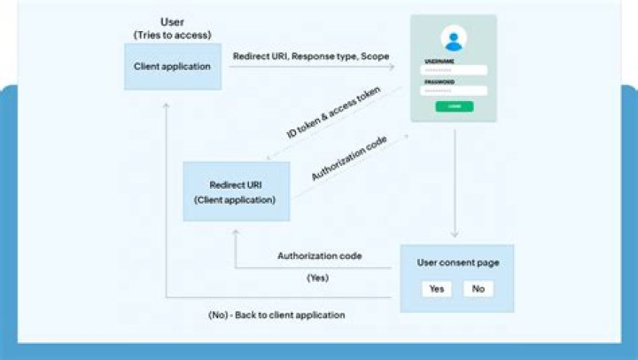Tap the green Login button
454,106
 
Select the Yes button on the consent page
436,288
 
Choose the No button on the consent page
478,288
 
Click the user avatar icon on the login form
454,39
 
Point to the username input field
454,70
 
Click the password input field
454,90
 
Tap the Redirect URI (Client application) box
236,192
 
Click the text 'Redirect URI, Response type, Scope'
311,56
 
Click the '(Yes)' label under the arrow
319,278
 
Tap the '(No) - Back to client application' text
270,315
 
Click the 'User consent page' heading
456,262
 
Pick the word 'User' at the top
173,21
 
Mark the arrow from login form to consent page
455,182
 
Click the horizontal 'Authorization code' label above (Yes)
319,256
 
